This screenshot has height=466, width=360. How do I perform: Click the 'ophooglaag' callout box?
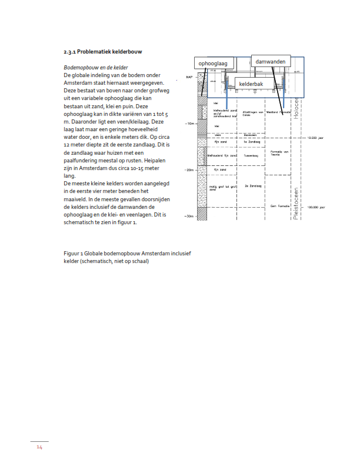[216, 63]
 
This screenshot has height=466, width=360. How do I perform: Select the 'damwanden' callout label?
[271, 61]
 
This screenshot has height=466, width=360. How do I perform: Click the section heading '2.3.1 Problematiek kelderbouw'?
[103, 52]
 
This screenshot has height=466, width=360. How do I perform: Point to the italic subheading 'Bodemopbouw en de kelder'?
[95, 68]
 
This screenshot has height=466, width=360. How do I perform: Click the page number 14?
[39, 448]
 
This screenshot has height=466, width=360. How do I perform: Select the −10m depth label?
[189, 124]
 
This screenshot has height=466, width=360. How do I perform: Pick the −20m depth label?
[189, 170]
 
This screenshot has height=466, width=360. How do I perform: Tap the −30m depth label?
[189, 217]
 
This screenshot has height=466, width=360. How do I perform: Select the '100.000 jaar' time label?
[316, 208]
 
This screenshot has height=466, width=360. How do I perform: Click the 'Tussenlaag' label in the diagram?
[251, 156]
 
